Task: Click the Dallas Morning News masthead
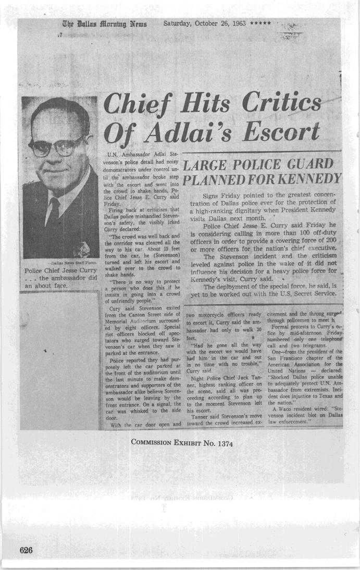coord(105,23)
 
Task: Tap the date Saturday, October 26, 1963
coord(205,23)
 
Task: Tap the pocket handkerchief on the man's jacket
coord(82,249)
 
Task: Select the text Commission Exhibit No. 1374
coord(181,443)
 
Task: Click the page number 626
coord(27,550)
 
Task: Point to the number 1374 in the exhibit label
coord(222,443)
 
